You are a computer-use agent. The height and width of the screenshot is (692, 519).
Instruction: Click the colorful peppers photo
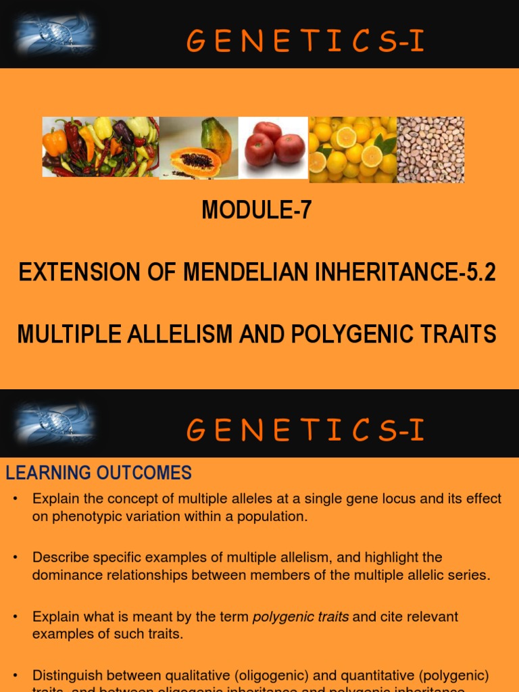coord(101,147)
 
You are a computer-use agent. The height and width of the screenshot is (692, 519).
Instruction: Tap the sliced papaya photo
coord(198,148)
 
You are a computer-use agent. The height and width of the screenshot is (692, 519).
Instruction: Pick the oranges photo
coord(352,149)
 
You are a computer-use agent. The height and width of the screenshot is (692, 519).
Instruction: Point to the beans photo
coord(430,149)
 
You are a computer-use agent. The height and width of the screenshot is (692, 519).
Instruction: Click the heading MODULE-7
coord(257,211)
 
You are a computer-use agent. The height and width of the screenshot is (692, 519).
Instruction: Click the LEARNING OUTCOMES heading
coord(99,473)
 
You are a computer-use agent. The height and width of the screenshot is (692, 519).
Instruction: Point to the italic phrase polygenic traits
coord(301,617)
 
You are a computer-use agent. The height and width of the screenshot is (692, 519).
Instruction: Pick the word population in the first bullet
coord(273,517)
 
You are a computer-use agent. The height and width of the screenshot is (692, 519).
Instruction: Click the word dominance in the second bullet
coord(64,575)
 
